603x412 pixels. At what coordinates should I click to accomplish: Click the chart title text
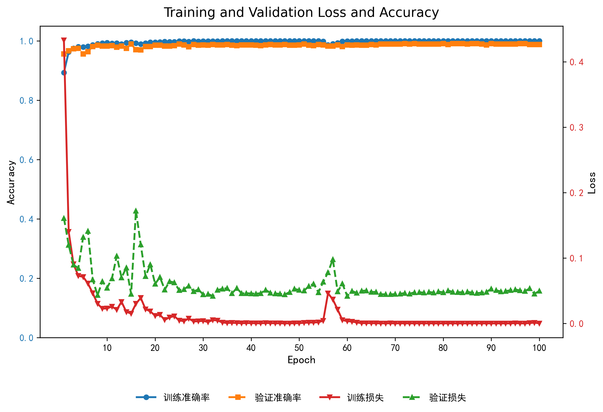coord(301,12)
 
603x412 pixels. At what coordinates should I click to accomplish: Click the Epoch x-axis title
coord(301,360)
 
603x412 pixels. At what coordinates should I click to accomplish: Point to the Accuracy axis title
coord(11,182)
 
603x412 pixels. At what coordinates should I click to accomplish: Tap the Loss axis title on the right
coord(592,183)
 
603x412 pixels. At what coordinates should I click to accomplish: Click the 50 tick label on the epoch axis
coord(299,348)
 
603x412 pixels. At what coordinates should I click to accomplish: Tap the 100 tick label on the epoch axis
coord(539,348)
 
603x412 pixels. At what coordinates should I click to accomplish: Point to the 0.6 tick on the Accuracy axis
coord(27,160)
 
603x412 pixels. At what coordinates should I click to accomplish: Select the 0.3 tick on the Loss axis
coord(576,127)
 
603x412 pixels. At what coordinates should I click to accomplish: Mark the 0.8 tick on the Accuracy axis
coord(27,100)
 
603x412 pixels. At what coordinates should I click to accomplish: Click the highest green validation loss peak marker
coord(136,211)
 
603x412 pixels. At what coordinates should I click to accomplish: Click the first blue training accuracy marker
coord(64,73)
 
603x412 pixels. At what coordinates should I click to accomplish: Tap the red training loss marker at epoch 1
coord(64,40)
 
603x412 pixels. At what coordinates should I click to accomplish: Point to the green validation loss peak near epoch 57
coord(333,260)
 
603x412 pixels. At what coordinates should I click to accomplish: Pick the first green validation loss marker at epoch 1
coord(64,218)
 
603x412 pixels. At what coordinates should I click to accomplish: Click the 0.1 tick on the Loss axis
coord(576,258)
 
